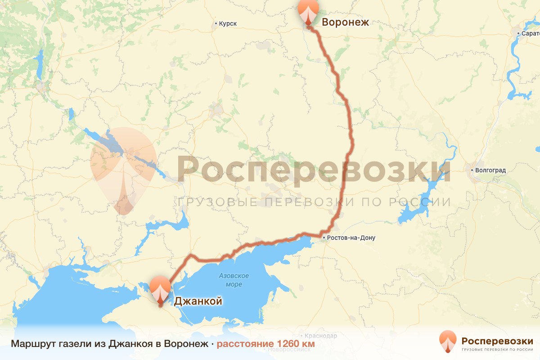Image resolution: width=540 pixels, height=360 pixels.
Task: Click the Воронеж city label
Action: pos(345,22)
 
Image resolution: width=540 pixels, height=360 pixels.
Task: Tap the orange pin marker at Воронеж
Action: pos(308,12)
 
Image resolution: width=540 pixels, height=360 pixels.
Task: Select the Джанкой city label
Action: pos(198,301)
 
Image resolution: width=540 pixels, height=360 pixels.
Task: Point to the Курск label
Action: pos(228,24)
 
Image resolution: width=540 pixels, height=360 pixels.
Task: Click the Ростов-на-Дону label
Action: pos(351,238)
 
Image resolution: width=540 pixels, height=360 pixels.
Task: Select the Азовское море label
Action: pos(234,280)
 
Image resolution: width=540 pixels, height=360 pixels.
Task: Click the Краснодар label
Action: pos(320,336)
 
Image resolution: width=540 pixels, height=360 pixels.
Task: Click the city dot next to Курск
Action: pos(216,24)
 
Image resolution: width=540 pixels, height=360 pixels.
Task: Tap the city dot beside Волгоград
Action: pos(472,171)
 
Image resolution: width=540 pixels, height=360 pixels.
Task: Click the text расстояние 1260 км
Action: pos(265,344)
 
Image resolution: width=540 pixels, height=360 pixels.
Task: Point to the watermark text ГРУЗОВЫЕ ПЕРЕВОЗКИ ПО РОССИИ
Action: pos(314,202)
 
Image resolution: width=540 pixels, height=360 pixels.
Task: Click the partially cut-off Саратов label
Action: pos(530,33)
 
